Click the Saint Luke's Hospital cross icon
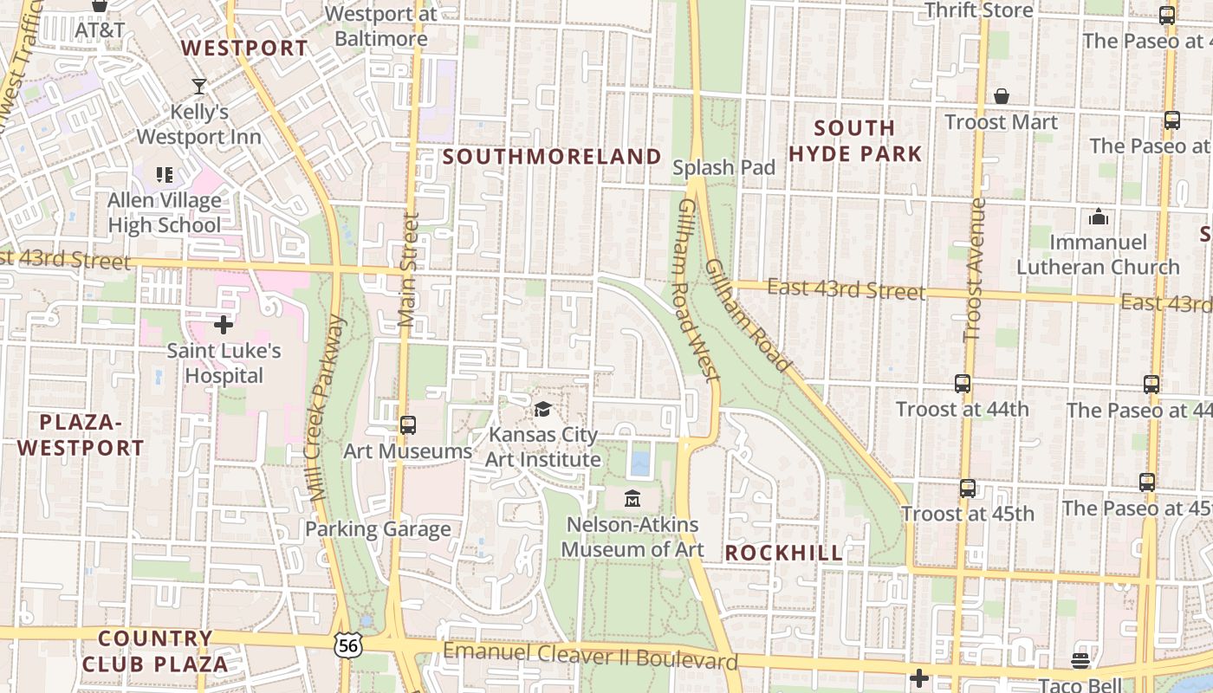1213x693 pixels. click(224, 326)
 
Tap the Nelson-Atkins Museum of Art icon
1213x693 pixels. click(632, 499)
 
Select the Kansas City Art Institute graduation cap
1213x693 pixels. click(542, 409)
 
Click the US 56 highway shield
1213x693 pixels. click(347, 644)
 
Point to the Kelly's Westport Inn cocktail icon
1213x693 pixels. click(199, 86)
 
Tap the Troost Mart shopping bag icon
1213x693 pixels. click(1002, 96)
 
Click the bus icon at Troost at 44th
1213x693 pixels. click(962, 384)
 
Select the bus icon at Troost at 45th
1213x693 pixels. click(968, 489)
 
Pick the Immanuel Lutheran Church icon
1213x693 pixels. click(1099, 217)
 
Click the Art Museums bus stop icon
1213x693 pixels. click(408, 425)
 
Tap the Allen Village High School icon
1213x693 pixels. click(165, 175)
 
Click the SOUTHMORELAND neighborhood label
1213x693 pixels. click(552, 157)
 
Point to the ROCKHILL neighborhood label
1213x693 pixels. click(783, 553)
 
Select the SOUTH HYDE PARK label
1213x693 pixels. click(855, 141)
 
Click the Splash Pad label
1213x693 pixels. click(723, 167)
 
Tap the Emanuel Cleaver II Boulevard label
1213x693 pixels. click(590, 656)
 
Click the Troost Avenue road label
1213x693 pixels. click(975, 269)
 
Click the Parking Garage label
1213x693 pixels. click(378, 528)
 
